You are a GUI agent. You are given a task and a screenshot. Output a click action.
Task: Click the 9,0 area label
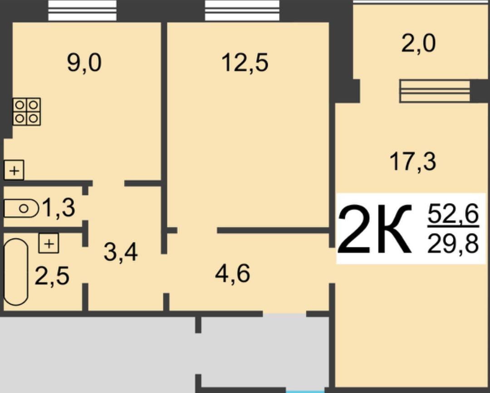[84, 63]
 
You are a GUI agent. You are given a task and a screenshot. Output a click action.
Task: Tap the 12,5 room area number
[245, 63]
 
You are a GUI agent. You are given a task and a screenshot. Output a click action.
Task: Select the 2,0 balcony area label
[418, 44]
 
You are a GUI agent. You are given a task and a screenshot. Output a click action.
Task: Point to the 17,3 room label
[412, 162]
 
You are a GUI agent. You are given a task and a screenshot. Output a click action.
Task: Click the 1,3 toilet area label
[59, 208]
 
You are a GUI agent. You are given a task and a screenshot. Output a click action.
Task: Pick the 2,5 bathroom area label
[52, 276]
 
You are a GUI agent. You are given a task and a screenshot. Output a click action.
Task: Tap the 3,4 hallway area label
[121, 252]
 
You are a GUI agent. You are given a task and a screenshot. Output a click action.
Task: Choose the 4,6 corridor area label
[232, 274]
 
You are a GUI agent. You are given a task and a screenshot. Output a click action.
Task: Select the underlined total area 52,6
[453, 214]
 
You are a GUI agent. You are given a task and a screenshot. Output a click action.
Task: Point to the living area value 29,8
[453, 244]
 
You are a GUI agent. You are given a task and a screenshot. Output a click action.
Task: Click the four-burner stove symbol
[27, 112]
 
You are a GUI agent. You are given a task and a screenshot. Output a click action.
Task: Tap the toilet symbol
[21, 208]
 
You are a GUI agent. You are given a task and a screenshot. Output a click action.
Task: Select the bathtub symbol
[15, 272]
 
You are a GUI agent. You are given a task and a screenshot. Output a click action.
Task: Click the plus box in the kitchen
[14, 170]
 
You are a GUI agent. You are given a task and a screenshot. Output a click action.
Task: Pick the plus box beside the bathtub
[49, 243]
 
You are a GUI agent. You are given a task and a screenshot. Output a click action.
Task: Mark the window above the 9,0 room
[82, 10]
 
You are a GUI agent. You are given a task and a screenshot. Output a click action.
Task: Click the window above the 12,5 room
[242, 10]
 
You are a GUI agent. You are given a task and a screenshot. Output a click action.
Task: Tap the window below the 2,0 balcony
[435, 91]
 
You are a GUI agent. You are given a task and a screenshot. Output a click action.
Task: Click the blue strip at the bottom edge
[305, 392]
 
